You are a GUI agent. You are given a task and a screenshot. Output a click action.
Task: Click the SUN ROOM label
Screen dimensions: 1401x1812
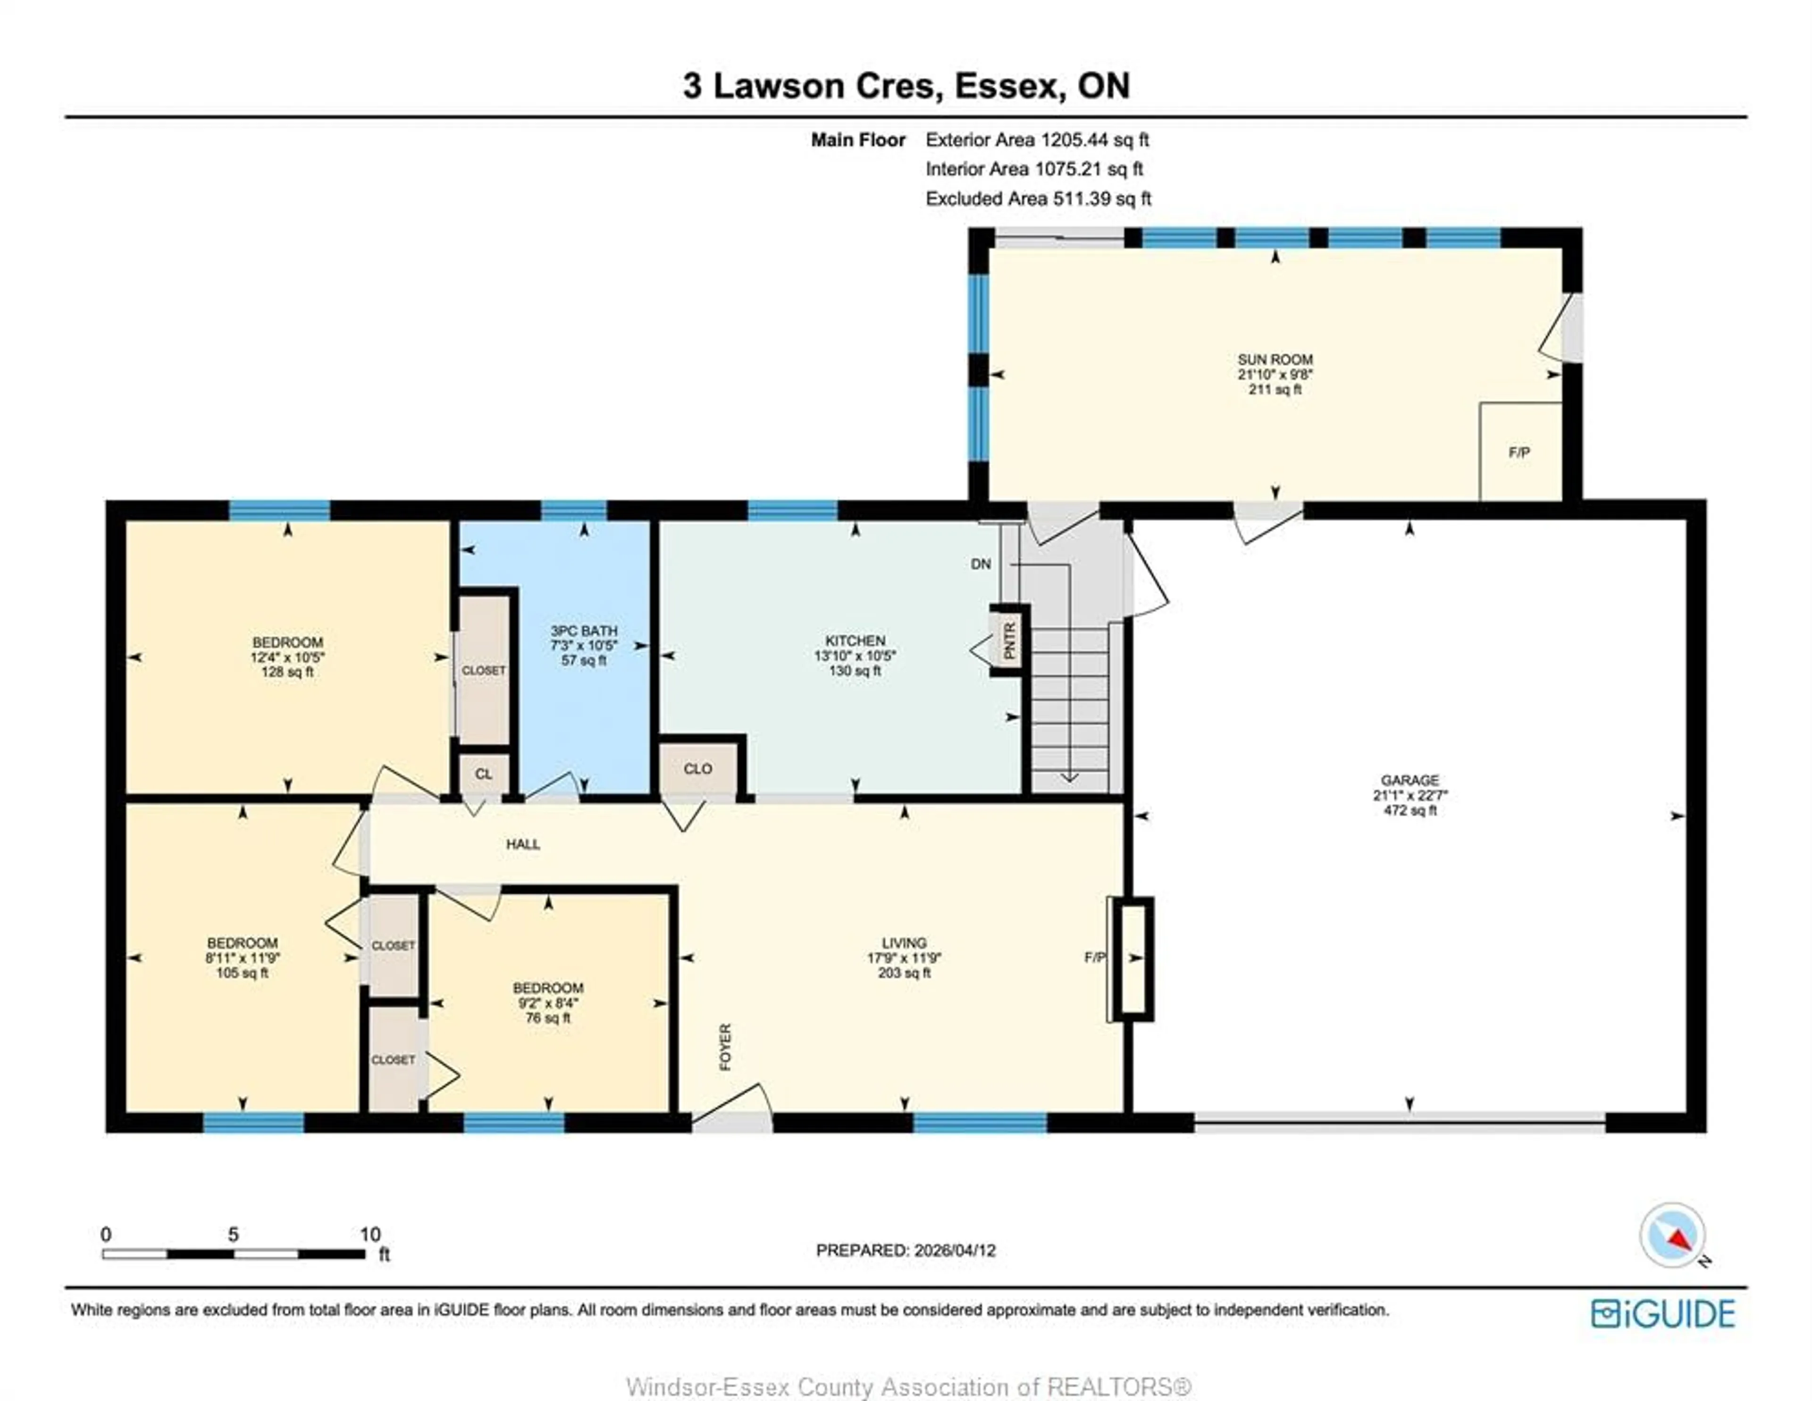pos(1275,359)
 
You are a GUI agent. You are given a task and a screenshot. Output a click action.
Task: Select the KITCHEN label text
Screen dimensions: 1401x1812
pos(855,641)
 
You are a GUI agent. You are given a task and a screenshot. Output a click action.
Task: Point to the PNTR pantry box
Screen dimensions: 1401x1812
pos(1009,641)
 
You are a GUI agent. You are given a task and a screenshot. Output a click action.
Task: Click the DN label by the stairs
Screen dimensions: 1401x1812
pos(981,564)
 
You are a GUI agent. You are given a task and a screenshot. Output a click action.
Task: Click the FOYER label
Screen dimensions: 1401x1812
pos(725,1047)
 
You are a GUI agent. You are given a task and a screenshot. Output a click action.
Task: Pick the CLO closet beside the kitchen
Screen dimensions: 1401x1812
pos(698,769)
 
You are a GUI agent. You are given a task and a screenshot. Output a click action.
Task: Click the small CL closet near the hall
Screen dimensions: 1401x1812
pos(484,774)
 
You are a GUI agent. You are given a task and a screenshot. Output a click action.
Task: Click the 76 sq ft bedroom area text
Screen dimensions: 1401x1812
pos(547,1018)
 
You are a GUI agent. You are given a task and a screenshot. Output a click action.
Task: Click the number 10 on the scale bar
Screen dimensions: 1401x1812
pos(370,1234)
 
